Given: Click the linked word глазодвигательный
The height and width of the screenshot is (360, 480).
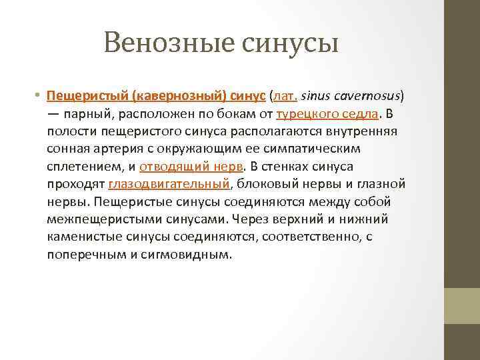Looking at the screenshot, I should click(167, 183).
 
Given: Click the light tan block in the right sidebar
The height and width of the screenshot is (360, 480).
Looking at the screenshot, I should click(461, 305).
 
